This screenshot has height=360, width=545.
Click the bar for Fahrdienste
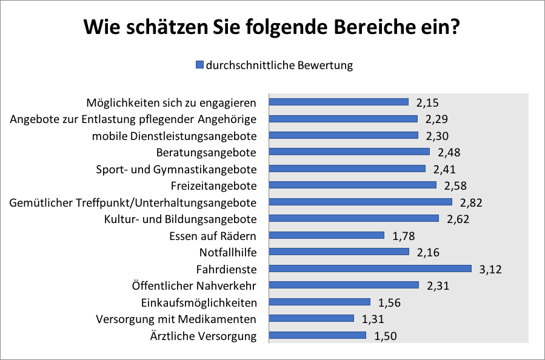(370, 268)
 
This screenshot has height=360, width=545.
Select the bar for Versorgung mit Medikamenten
(311, 318)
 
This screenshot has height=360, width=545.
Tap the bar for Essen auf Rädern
(326, 235)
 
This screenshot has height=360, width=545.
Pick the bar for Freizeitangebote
(352, 185)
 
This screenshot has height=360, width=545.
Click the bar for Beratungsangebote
(349, 152)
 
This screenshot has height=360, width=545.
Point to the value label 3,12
(491, 268)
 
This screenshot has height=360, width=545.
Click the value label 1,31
(373, 318)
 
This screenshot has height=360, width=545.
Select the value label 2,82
(472, 202)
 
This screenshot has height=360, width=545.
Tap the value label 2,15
(429, 102)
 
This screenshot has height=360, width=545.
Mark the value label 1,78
(404, 235)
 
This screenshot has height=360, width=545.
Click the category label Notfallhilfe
(228, 252)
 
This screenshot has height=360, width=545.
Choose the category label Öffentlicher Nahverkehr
(194, 285)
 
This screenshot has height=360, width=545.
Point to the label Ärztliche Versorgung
(203, 336)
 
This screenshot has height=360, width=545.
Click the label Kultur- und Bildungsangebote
(180, 219)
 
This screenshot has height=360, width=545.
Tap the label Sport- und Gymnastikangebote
(176, 168)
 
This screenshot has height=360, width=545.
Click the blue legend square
(199, 65)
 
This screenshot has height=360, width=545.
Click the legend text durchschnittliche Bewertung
(279, 65)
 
